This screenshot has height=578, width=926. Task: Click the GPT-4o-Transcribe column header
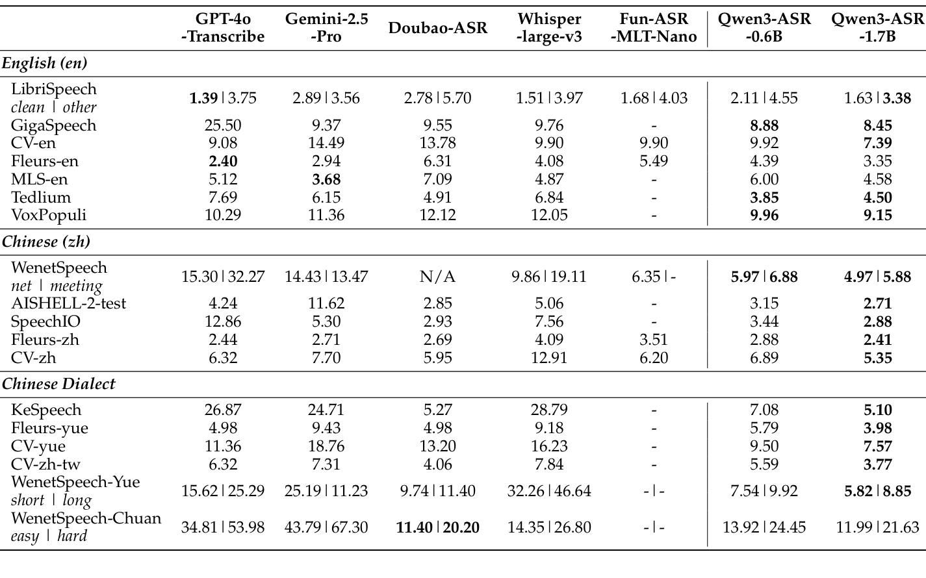pyautogui.click(x=223, y=28)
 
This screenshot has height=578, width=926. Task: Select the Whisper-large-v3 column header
pyautogui.click(x=549, y=28)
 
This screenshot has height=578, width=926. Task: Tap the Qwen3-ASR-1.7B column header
pyautogui.click(x=877, y=28)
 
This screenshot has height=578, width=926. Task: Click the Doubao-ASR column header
pyautogui.click(x=438, y=28)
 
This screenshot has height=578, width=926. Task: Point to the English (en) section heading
pyautogui.click(x=45, y=63)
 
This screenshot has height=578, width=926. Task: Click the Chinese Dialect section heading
pyautogui.click(x=58, y=384)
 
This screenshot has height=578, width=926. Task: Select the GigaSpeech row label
pyautogui.click(x=54, y=125)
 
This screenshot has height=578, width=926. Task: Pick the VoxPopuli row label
pyautogui.click(x=49, y=215)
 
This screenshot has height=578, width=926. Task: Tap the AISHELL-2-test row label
pyautogui.click(x=69, y=304)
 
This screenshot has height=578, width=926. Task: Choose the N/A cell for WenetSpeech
pyautogui.click(x=438, y=277)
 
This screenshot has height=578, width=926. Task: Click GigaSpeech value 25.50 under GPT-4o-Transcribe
pyautogui.click(x=223, y=125)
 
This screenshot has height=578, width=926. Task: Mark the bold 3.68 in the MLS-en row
pyautogui.click(x=326, y=179)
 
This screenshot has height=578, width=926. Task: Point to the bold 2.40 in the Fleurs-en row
pyautogui.click(x=223, y=161)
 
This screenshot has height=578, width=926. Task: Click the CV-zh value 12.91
pyautogui.click(x=549, y=358)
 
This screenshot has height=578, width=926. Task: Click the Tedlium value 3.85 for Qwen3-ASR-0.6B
pyautogui.click(x=764, y=197)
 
